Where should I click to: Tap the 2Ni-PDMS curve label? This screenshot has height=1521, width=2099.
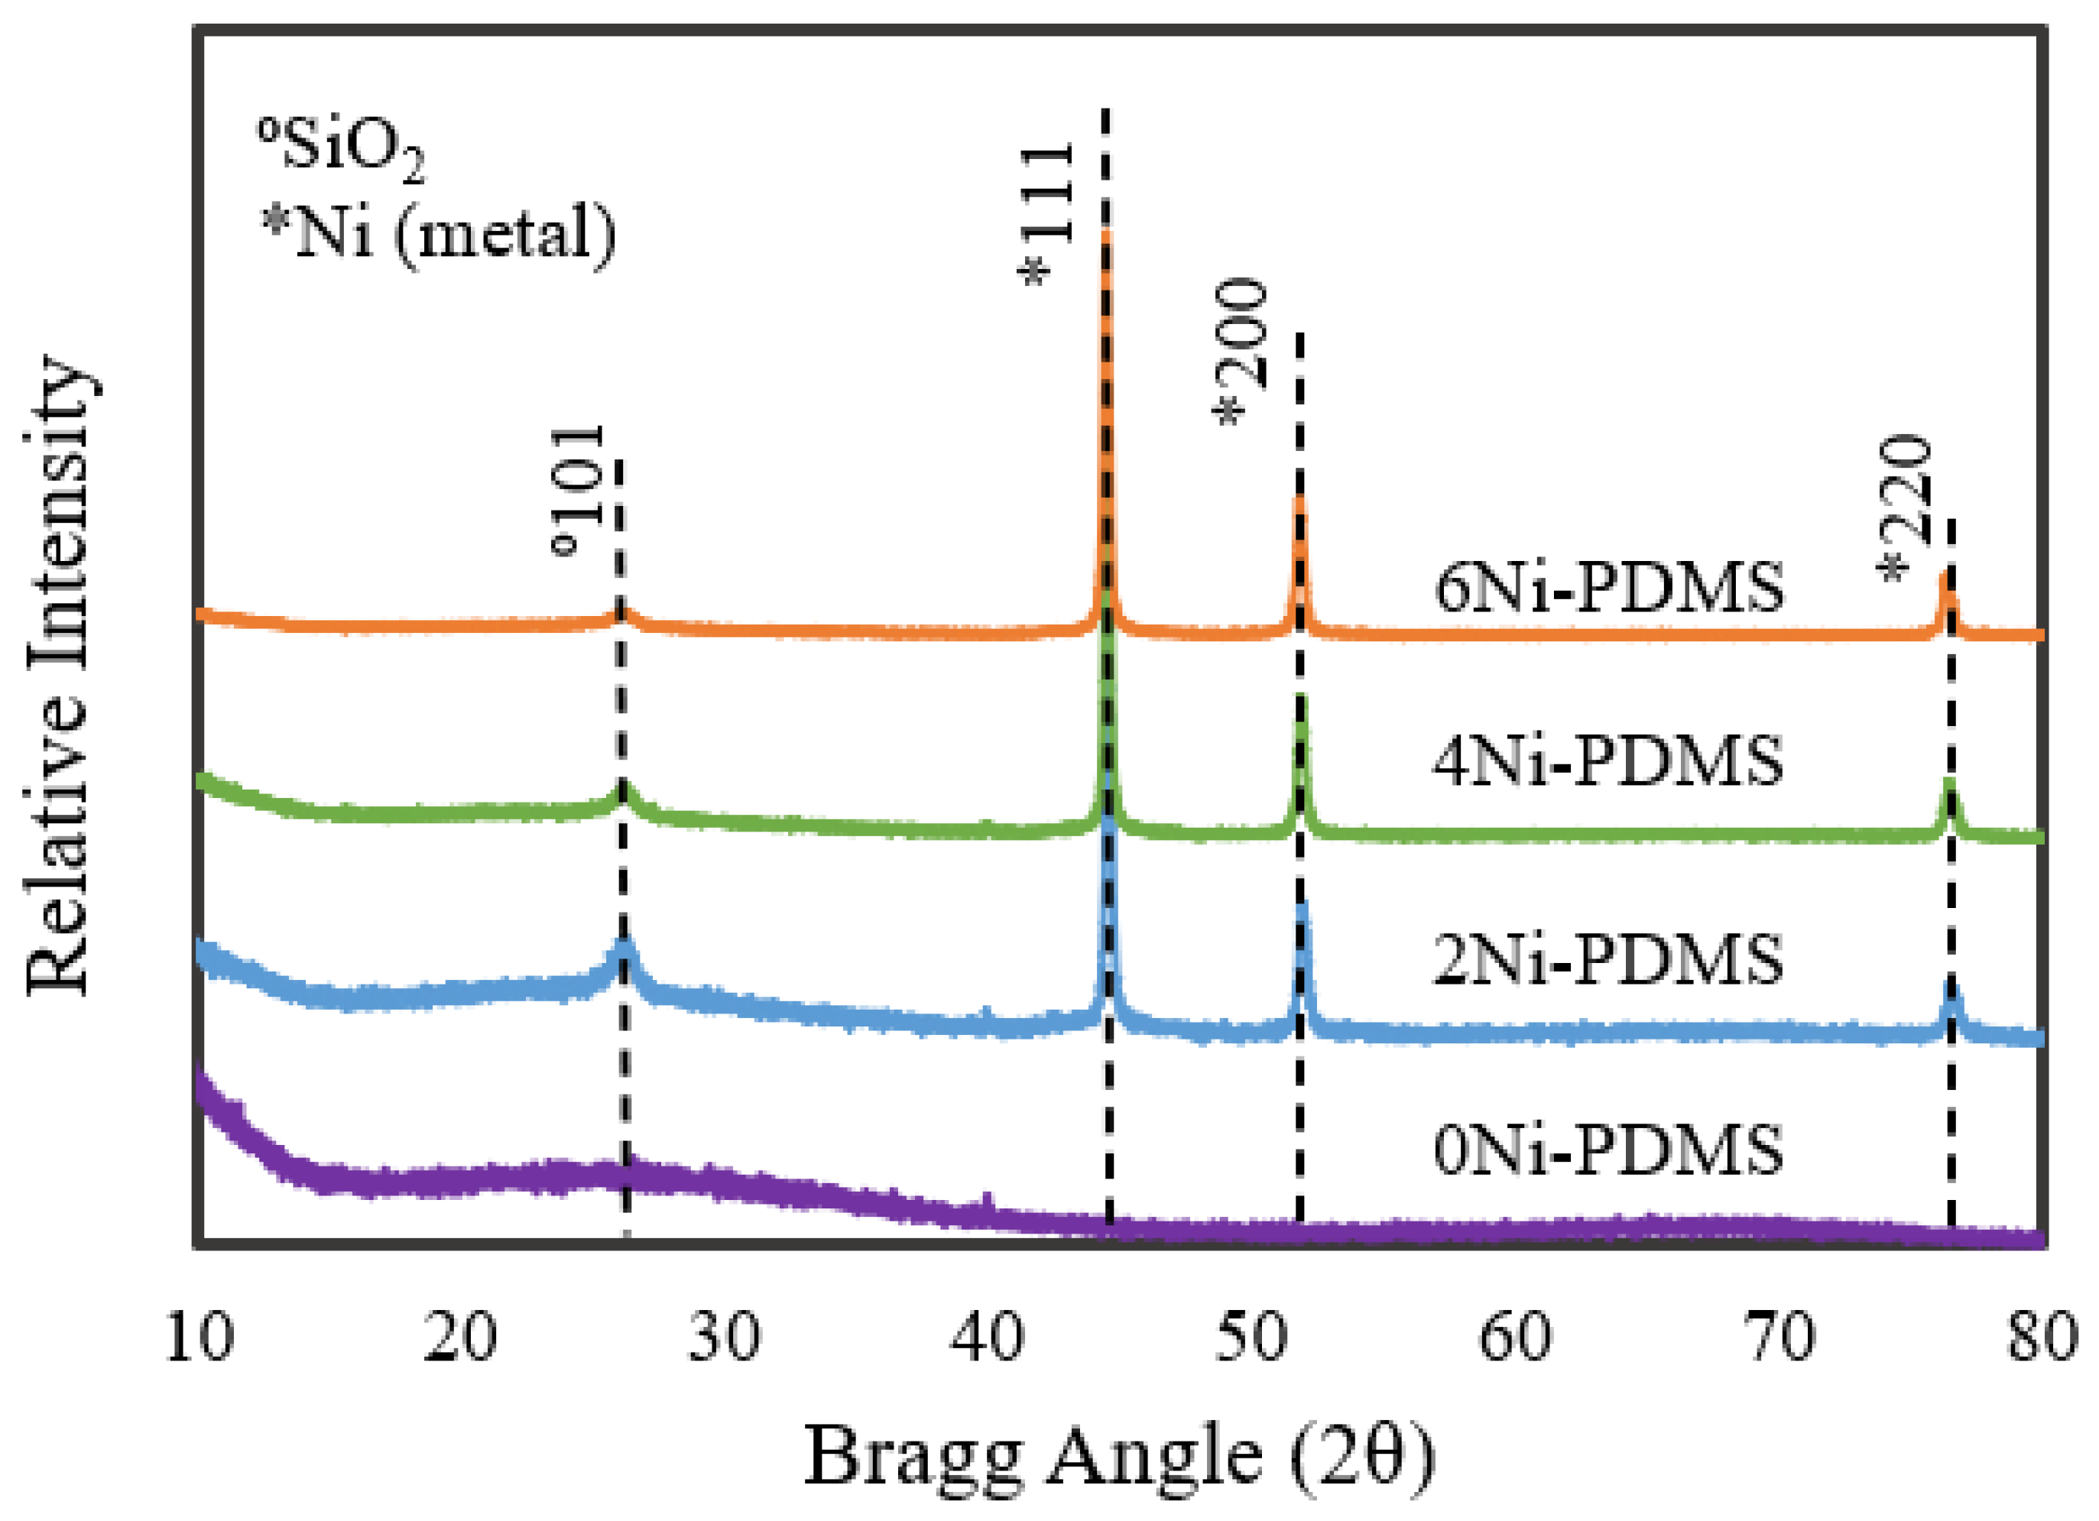[x=1608, y=958]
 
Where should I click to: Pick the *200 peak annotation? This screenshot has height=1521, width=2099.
[x=1240, y=352]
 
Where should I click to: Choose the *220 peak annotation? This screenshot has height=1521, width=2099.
[x=1906, y=508]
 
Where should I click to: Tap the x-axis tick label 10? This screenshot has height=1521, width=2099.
[x=198, y=1338]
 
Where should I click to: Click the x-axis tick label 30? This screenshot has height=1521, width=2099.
[x=724, y=1338]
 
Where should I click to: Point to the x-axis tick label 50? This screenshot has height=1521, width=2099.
[x=1251, y=1338]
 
